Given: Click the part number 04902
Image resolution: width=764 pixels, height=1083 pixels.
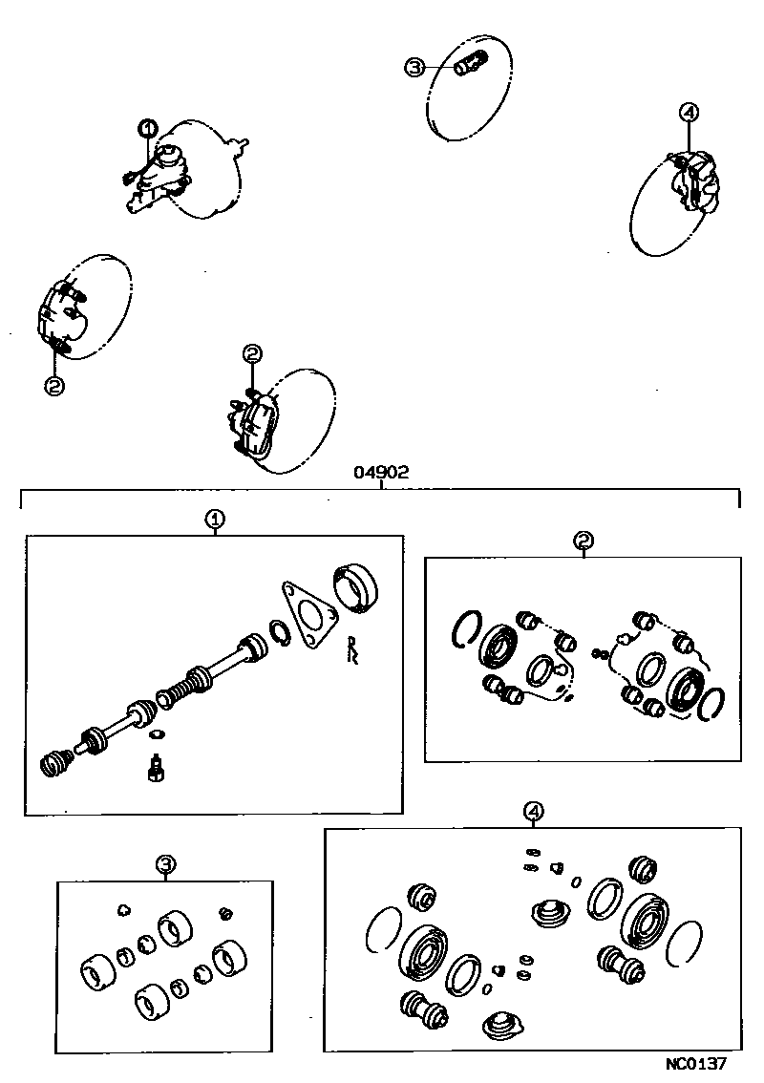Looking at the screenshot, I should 381,472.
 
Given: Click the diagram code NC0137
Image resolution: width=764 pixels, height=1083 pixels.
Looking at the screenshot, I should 697,1062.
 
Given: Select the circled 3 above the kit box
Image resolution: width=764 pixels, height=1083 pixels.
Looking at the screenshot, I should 165,865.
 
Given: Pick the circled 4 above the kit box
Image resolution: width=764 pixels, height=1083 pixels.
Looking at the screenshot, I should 534,812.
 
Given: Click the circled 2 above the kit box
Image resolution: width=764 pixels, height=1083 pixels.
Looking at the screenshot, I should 584,541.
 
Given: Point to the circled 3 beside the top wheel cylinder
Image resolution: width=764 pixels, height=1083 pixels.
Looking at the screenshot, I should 415,67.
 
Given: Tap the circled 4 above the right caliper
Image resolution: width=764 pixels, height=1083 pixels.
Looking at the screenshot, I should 689,113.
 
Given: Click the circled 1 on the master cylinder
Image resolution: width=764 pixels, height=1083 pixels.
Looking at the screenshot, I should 148,128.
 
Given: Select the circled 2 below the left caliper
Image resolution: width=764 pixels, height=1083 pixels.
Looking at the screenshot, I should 53,385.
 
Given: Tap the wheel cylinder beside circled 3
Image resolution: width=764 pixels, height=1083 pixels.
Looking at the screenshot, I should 471,67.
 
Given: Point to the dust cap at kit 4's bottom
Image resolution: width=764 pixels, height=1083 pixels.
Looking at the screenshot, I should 504,1028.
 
